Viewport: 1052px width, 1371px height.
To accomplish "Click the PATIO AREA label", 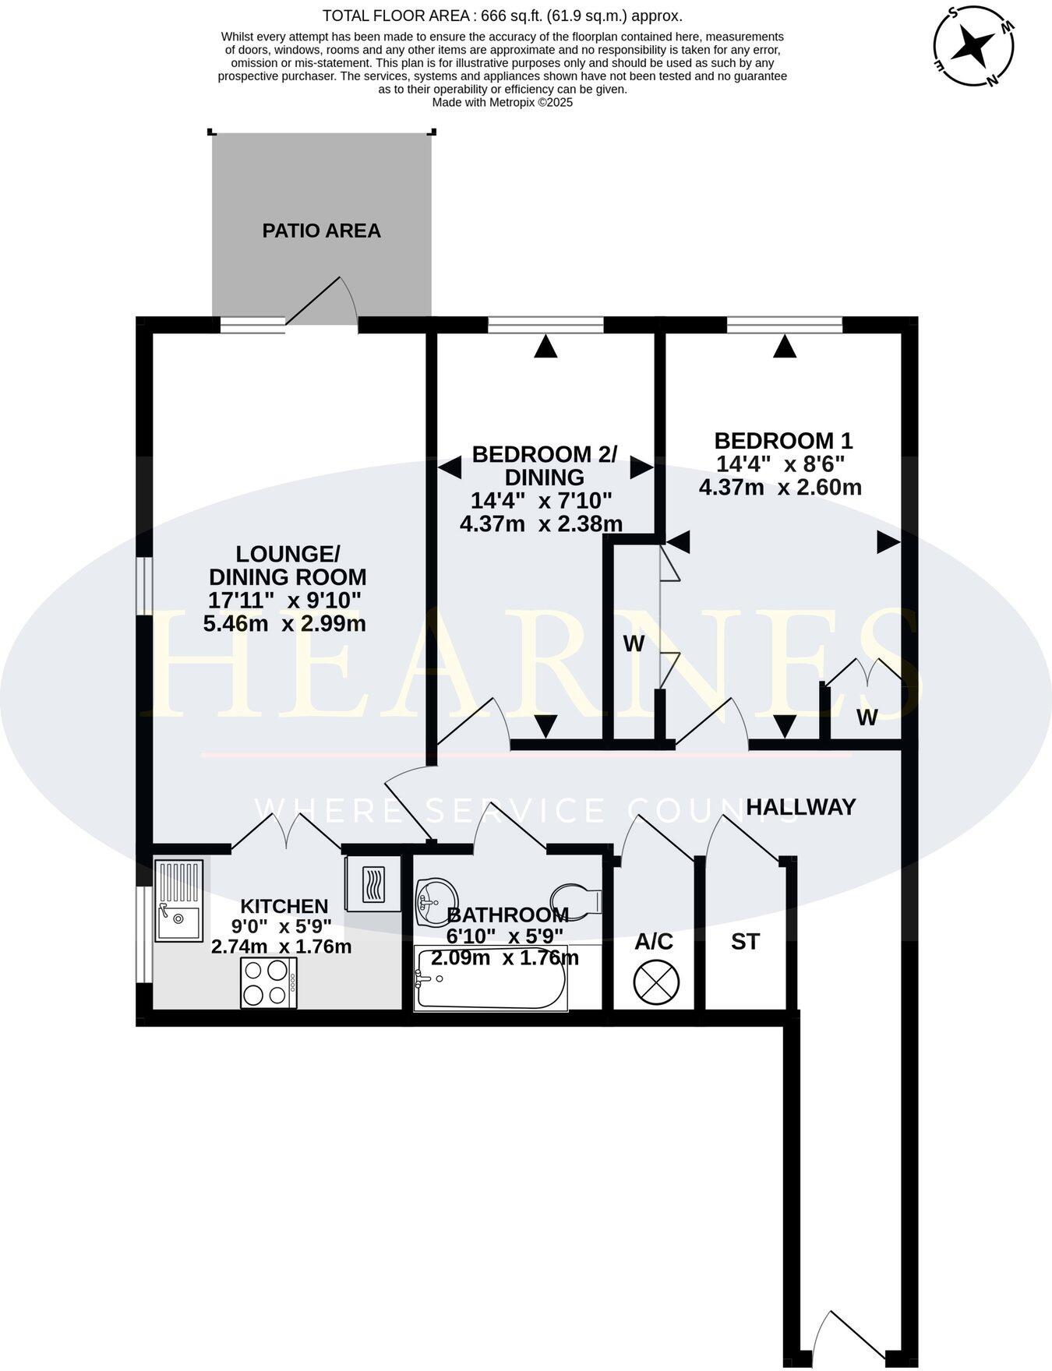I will coord(321,231).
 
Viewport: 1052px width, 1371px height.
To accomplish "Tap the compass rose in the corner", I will coord(974,45).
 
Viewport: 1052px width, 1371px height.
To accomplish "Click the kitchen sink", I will coord(178,900).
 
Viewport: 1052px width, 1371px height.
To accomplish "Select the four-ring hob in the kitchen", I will coord(268,982).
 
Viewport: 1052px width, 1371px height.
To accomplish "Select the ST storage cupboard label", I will coord(745,942).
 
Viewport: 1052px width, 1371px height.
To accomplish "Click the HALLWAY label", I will coord(800,807).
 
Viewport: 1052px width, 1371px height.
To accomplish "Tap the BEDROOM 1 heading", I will coord(783,441).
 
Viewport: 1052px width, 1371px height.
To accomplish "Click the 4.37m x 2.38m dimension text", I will coord(541,523).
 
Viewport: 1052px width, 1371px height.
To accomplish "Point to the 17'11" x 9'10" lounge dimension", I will coord(284,600).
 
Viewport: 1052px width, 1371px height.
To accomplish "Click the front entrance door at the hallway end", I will coord(845,1337).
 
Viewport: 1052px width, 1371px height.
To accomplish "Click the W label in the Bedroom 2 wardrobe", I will coord(634,643).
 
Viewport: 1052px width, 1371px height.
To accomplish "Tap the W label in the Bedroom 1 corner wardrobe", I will coord(867,717).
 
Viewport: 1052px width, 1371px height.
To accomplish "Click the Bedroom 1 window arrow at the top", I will coord(785,347).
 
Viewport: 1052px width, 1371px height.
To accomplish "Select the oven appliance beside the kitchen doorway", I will coord(372,884).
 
